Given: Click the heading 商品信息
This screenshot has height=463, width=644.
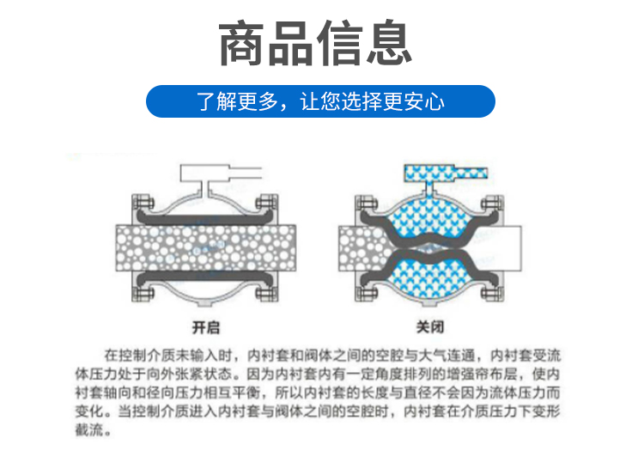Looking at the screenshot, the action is [x=315, y=43].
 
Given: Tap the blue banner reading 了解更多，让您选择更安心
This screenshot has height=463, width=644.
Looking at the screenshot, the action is [x=320, y=101].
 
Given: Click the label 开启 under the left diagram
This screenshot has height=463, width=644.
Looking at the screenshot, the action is [x=206, y=327].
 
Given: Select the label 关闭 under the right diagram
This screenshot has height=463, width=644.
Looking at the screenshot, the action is [x=429, y=327].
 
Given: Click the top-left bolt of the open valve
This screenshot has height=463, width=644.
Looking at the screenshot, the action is [x=143, y=203].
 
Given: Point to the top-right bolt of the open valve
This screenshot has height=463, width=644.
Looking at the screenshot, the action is [x=266, y=203].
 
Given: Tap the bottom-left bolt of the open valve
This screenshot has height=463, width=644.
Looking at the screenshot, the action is [x=143, y=293].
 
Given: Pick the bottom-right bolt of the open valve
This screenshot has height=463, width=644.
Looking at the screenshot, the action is [x=266, y=293].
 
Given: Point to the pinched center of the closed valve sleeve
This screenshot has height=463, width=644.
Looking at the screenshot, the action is [x=429, y=248].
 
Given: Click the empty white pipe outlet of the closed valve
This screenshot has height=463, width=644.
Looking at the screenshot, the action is [x=502, y=248].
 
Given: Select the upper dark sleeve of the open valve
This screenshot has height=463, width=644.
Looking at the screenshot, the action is [x=205, y=218].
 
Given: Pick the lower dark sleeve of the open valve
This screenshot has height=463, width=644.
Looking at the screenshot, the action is [x=205, y=277].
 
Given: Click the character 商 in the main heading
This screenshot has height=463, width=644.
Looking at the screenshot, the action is [x=241, y=43].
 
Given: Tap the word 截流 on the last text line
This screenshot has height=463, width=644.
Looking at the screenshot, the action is [x=88, y=429].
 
